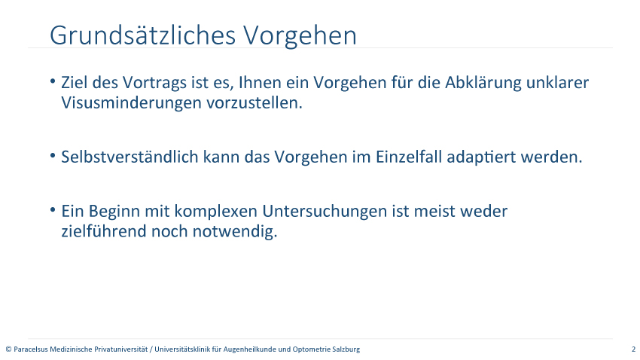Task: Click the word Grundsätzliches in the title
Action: [x=143, y=35]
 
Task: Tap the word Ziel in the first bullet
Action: [x=75, y=82]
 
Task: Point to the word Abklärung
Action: [x=483, y=83]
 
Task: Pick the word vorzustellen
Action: [x=254, y=103]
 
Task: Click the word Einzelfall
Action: [x=409, y=157]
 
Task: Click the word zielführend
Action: [x=104, y=231]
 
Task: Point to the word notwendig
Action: [x=235, y=232]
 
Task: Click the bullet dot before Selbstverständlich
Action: [x=53, y=155]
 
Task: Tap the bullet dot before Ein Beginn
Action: [x=53, y=210]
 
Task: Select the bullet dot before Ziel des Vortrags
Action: [x=53, y=81]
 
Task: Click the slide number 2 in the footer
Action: [x=633, y=349]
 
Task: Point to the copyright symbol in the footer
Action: [x=8, y=349]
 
